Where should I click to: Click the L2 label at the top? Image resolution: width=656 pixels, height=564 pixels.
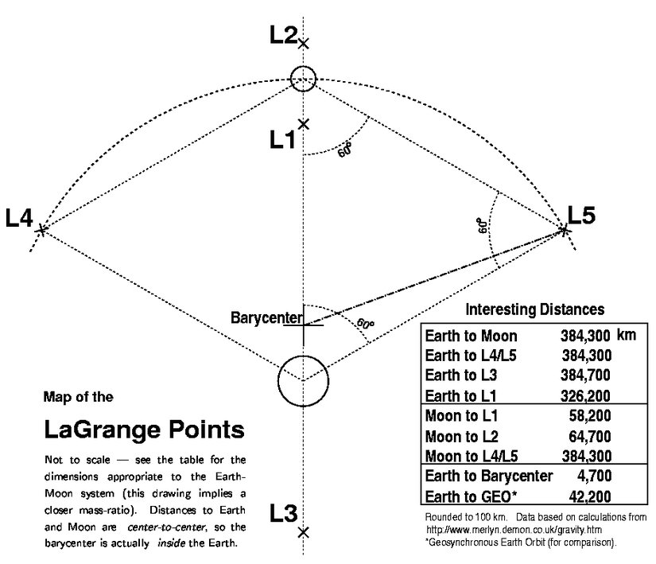coord(283,34)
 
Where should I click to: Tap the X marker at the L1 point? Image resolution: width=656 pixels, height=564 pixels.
coord(303,124)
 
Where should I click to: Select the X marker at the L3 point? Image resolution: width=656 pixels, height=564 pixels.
coord(303,533)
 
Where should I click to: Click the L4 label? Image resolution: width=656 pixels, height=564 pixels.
coord(19,218)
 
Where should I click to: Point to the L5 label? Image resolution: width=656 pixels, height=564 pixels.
coord(581,215)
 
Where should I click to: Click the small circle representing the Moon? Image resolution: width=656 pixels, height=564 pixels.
coord(303,79)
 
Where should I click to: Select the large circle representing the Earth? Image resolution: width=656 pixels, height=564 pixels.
coord(303,381)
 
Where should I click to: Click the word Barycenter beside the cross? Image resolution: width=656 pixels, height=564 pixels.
coord(266,318)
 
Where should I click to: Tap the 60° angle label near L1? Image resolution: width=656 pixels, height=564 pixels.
coord(345,150)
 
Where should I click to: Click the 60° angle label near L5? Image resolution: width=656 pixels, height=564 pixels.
coord(483,225)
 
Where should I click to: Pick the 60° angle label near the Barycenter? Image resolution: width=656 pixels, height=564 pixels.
coord(366,324)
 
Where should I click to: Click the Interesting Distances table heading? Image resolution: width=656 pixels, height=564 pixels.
coord(535,309)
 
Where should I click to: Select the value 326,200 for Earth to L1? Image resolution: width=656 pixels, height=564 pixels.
coord(585,396)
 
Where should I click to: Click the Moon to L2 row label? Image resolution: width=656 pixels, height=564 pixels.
coord(462,437)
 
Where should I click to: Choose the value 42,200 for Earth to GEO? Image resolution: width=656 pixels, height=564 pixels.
coord(590,496)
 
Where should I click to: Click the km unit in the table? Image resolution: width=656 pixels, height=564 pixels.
coord(627,335)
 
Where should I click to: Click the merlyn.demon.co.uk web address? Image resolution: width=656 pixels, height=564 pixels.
coord(514,530)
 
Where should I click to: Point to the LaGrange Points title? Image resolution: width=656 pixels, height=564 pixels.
coord(145,430)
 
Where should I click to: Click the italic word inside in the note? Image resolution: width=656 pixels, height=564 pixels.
coord(172,543)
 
